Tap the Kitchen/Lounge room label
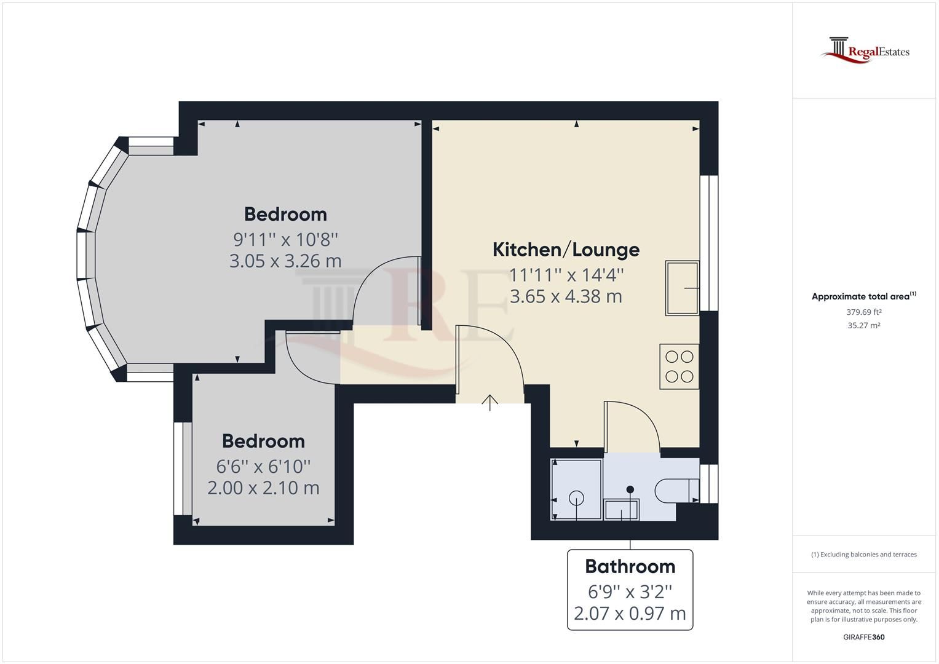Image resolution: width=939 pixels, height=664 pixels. coord(566,250)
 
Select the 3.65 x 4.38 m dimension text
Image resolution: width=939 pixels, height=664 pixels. coord(566,296)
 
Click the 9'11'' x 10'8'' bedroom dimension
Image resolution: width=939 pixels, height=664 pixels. coord(285,239)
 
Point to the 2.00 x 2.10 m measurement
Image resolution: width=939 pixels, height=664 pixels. coord(263,488)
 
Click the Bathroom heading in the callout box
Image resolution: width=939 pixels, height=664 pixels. coord(630,566)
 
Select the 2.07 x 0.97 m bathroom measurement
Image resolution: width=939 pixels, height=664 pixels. coord(630,614)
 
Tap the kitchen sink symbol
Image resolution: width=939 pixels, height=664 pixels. coord(682,288)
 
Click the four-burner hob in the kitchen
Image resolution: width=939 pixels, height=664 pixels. coord(679,366)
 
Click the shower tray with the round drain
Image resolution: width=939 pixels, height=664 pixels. coord(576,489)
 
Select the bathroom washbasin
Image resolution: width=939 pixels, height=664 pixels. coord(622,509)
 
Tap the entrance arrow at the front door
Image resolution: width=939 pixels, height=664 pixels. coord(489,402)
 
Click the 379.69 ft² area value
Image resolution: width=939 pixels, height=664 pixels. coord(863,312)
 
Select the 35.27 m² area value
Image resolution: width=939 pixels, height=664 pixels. coord(863,326)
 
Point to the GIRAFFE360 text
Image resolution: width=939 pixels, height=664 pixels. coord(863,637)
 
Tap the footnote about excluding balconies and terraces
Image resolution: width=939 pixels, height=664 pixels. coord(863,555)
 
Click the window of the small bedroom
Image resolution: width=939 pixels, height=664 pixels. coord(179,468)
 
